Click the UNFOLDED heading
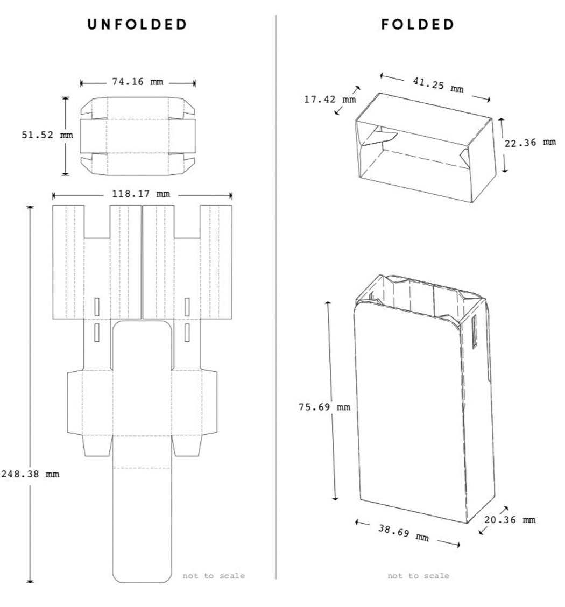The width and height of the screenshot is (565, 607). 138,25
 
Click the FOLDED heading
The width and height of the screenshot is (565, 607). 418,25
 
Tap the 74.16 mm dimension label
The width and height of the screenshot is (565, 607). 137,82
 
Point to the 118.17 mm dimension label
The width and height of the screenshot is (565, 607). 140,194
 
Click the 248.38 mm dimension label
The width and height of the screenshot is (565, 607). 30,474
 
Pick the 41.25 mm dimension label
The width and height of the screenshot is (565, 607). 437,85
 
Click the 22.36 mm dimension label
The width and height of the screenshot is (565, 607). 530,143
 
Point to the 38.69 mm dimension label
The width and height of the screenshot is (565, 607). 403,533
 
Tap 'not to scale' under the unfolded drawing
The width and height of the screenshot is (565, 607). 214,576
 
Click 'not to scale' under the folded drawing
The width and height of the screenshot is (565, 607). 418,576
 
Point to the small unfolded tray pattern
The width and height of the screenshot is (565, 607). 138,136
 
